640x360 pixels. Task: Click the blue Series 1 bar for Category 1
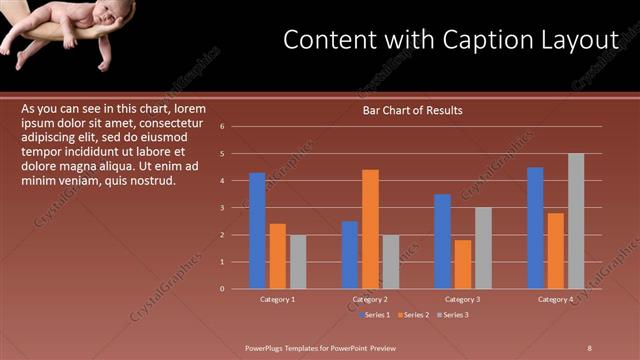[x=257, y=230]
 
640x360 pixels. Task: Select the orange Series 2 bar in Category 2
[x=370, y=229]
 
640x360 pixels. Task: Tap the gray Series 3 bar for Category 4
[x=576, y=221]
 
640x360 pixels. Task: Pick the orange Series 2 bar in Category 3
[x=463, y=264]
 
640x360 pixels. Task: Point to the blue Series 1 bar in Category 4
[x=535, y=228]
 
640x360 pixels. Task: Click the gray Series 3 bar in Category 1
[x=297, y=262]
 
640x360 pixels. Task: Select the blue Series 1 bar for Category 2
[x=350, y=255]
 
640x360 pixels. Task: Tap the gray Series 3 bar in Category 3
[x=483, y=248]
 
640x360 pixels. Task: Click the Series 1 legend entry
[x=374, y=315]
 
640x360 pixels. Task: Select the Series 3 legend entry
[x=454, y=315]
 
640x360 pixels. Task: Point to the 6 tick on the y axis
[x=236, y=127]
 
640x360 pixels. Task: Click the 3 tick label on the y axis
[x=236, y=208]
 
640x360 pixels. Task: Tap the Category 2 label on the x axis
[x=370, y=300]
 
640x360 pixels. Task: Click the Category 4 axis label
[x=556, y=300]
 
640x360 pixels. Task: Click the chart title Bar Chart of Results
[x=413, y=110]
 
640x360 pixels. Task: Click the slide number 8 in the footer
[x=591, y=347]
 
